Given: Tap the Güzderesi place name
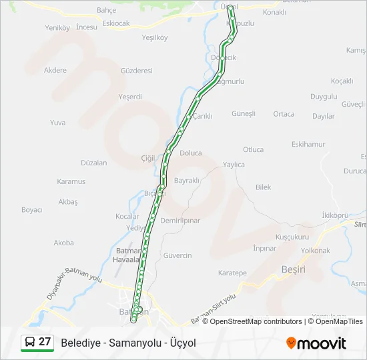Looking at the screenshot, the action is (137, 70).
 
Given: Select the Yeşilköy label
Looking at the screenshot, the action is (155, 37).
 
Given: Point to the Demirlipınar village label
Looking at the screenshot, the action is (180, 220).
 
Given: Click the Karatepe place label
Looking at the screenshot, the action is (232, 273).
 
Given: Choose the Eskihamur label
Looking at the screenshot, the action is (308, 144).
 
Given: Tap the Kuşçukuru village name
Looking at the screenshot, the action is (292, 237).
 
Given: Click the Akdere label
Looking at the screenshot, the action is (55, 70).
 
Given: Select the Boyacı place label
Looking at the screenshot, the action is (32, 210).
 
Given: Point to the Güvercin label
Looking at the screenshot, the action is (177, 255).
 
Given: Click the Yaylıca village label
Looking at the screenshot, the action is (234, 165).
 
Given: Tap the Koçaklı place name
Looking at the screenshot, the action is (341, 81).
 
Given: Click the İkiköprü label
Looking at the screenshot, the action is (335, 215).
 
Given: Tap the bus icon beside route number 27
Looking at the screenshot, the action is (30, 342).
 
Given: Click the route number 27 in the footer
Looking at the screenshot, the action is (45, 341).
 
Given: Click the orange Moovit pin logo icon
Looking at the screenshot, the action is (291, 343).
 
